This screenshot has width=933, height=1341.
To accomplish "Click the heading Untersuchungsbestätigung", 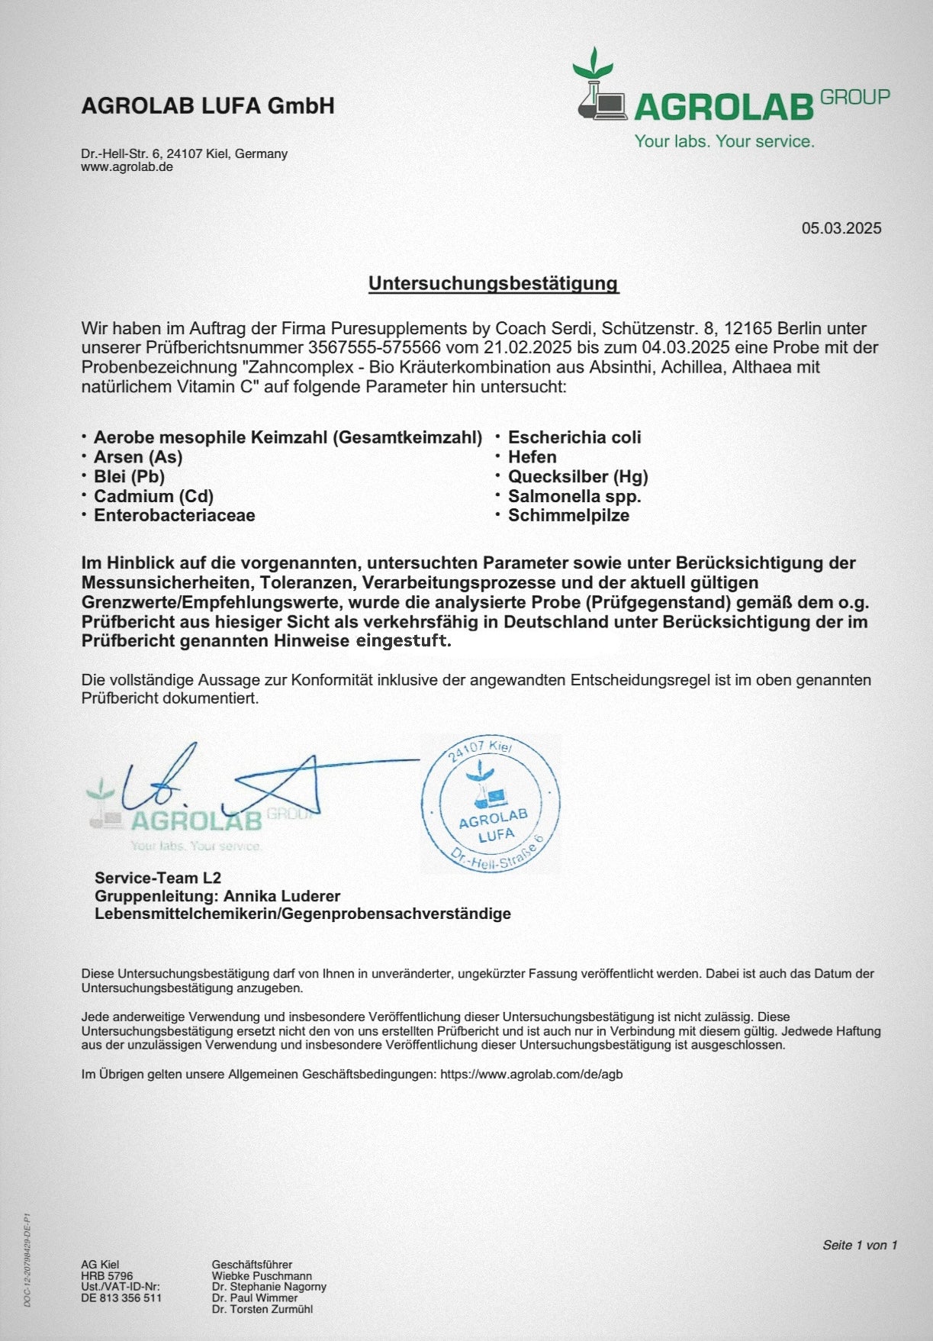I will (x=494, y=283).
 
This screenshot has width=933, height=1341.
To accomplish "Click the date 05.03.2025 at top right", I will (x=841, y=228).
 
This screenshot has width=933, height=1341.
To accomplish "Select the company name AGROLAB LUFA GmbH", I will (x=208, y=105).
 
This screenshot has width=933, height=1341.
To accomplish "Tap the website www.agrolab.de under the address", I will (x=127, y=167).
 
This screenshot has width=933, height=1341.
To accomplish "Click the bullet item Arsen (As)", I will (x=138, y=457).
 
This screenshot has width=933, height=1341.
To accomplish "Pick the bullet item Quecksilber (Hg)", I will (x=577, y=477).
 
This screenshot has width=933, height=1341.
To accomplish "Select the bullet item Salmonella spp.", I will (x=574, y=496).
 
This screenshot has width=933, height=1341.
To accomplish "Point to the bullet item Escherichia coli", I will (x=574, y=437).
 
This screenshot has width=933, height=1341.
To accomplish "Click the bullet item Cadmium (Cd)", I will (x=153, y=496).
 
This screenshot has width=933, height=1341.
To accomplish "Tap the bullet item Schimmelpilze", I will (x=568, y=515).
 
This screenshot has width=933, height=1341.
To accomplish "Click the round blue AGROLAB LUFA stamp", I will (x=491, y=804).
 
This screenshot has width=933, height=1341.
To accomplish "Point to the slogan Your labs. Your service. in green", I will (x=724, y=141).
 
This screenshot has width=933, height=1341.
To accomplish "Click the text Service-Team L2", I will (x=158, y=878).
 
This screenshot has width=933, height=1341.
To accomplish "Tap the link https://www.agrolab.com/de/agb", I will (x=531, y=1074).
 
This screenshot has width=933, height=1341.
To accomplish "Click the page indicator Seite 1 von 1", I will (x=859, y=1245).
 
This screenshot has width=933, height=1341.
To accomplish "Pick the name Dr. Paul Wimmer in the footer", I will (x=255, y=1297).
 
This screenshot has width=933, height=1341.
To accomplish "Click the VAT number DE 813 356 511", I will (x=121, y=1297).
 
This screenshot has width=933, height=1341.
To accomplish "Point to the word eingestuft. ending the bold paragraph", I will (x=404, y=641).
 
